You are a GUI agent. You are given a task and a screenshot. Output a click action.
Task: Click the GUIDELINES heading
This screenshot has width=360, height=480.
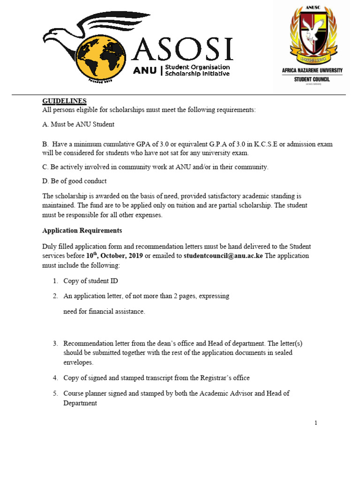coord(64,101)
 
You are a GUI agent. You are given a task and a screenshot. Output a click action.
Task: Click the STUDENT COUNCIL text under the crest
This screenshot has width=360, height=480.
coord(312,80)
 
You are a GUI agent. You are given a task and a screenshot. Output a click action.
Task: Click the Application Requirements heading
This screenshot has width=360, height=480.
coord(82,231)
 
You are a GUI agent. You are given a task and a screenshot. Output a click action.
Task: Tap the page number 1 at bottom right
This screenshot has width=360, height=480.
coord(316,423)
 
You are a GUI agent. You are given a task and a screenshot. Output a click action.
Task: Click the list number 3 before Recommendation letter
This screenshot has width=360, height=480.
coord(55,344)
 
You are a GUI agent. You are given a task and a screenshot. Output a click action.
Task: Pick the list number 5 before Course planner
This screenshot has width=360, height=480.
coord(55,393)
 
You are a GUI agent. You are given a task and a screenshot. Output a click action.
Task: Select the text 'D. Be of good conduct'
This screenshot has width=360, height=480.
coord(75,181)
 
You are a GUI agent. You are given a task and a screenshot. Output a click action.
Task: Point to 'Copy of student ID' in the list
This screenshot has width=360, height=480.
coord(91,281)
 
